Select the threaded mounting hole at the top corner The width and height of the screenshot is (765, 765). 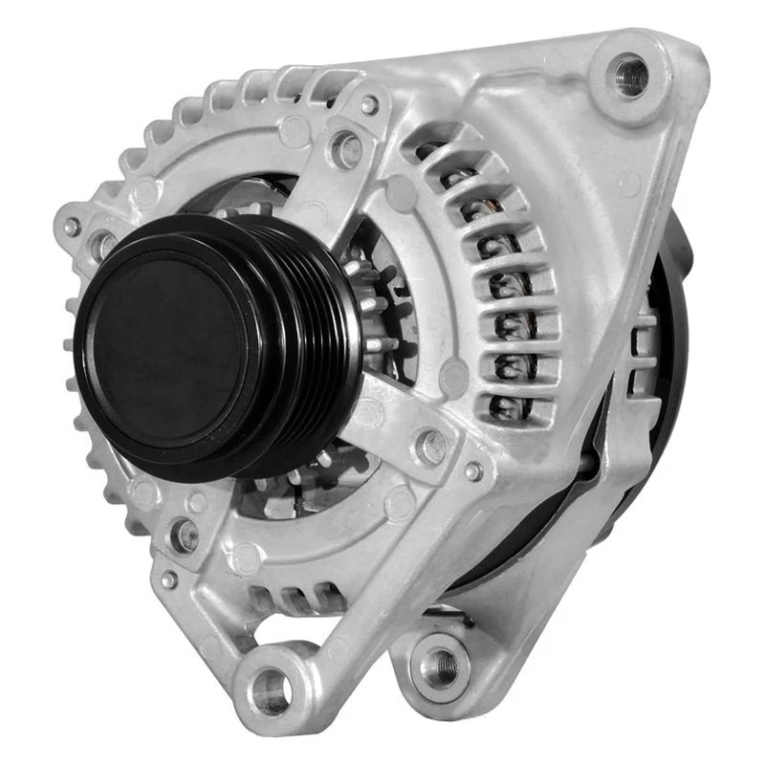click(629, 75)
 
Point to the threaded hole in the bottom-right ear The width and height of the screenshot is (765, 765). click(441, 661)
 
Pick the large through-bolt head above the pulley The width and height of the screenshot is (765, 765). click(345, 148)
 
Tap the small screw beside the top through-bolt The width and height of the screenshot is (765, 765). click(369, 104)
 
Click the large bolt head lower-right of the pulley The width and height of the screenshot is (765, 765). click(431, 446)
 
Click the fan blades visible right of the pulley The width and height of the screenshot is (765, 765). click(378, 316)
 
